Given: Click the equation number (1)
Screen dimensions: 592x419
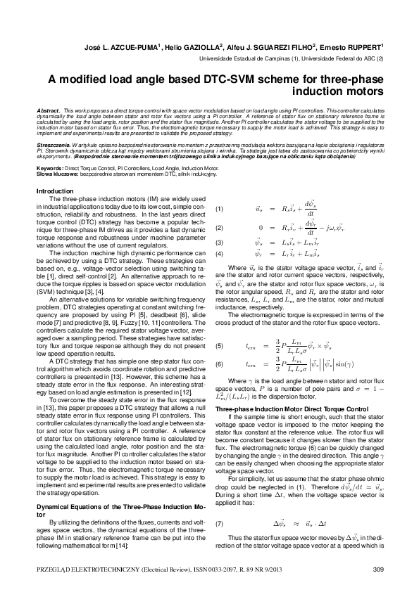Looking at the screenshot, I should point(219,209).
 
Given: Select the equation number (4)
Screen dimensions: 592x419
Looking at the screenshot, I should point(219,253).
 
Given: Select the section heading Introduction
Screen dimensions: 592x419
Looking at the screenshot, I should point(54,191).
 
